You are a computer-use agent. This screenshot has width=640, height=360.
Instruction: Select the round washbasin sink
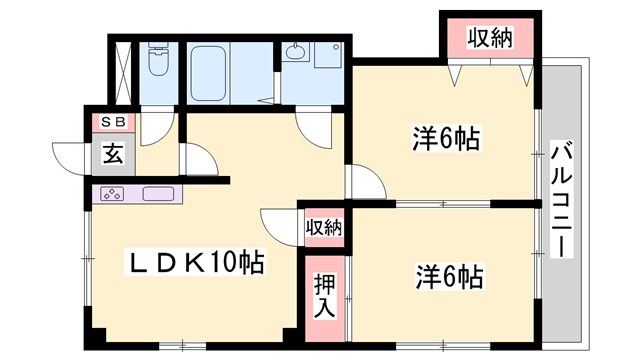(295, 52)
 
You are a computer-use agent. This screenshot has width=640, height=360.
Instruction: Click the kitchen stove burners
(113, 194)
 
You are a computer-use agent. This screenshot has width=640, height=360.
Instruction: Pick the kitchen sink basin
(160, 194)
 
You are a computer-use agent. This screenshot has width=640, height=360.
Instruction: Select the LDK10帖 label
(196, 264)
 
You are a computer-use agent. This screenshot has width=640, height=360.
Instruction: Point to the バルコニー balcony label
(561, 200)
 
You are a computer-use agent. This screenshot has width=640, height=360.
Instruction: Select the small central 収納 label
(323, 227)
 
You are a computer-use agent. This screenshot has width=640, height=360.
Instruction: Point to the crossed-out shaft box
(123, 69)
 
